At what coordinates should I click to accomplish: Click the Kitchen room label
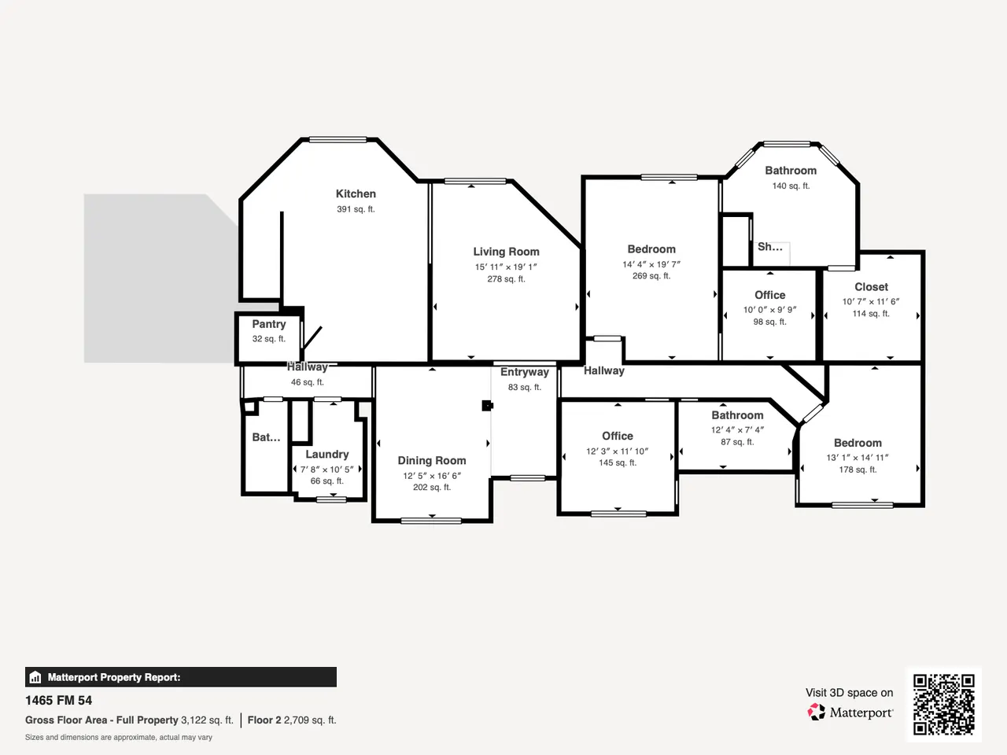[x=356, y=194]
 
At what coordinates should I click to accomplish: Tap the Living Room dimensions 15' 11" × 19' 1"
[x=506, y=267]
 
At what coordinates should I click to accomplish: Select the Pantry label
[x=269, y=324]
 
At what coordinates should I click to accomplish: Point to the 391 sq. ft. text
[x=356, y=209]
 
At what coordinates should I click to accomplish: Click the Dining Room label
[x=432, y=460]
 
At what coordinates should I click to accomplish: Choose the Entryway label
[x=525, y=372]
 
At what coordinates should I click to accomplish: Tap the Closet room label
[x=871, y=287]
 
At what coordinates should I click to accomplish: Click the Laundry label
[x=327, y=455]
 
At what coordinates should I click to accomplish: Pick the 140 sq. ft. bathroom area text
[x=791, y=186]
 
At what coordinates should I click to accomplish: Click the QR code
[x=944, y=705]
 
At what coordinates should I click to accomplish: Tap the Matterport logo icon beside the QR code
[x=816, y=712]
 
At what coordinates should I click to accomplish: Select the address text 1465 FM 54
[x=58, y=701]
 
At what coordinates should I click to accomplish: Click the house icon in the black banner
[x=35, y=677]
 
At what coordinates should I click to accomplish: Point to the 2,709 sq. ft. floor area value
[x=310, y=720]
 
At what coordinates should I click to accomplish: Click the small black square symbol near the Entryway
[x=487, y=406]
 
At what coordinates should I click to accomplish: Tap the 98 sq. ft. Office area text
[x=770, y=322]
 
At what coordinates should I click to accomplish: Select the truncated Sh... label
[x=770, y=247]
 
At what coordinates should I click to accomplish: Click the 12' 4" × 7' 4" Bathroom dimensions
[x=737, y=430]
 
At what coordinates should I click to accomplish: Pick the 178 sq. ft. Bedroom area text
[x=858, y=470]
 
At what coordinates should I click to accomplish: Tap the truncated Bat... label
[x=266, y=437]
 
